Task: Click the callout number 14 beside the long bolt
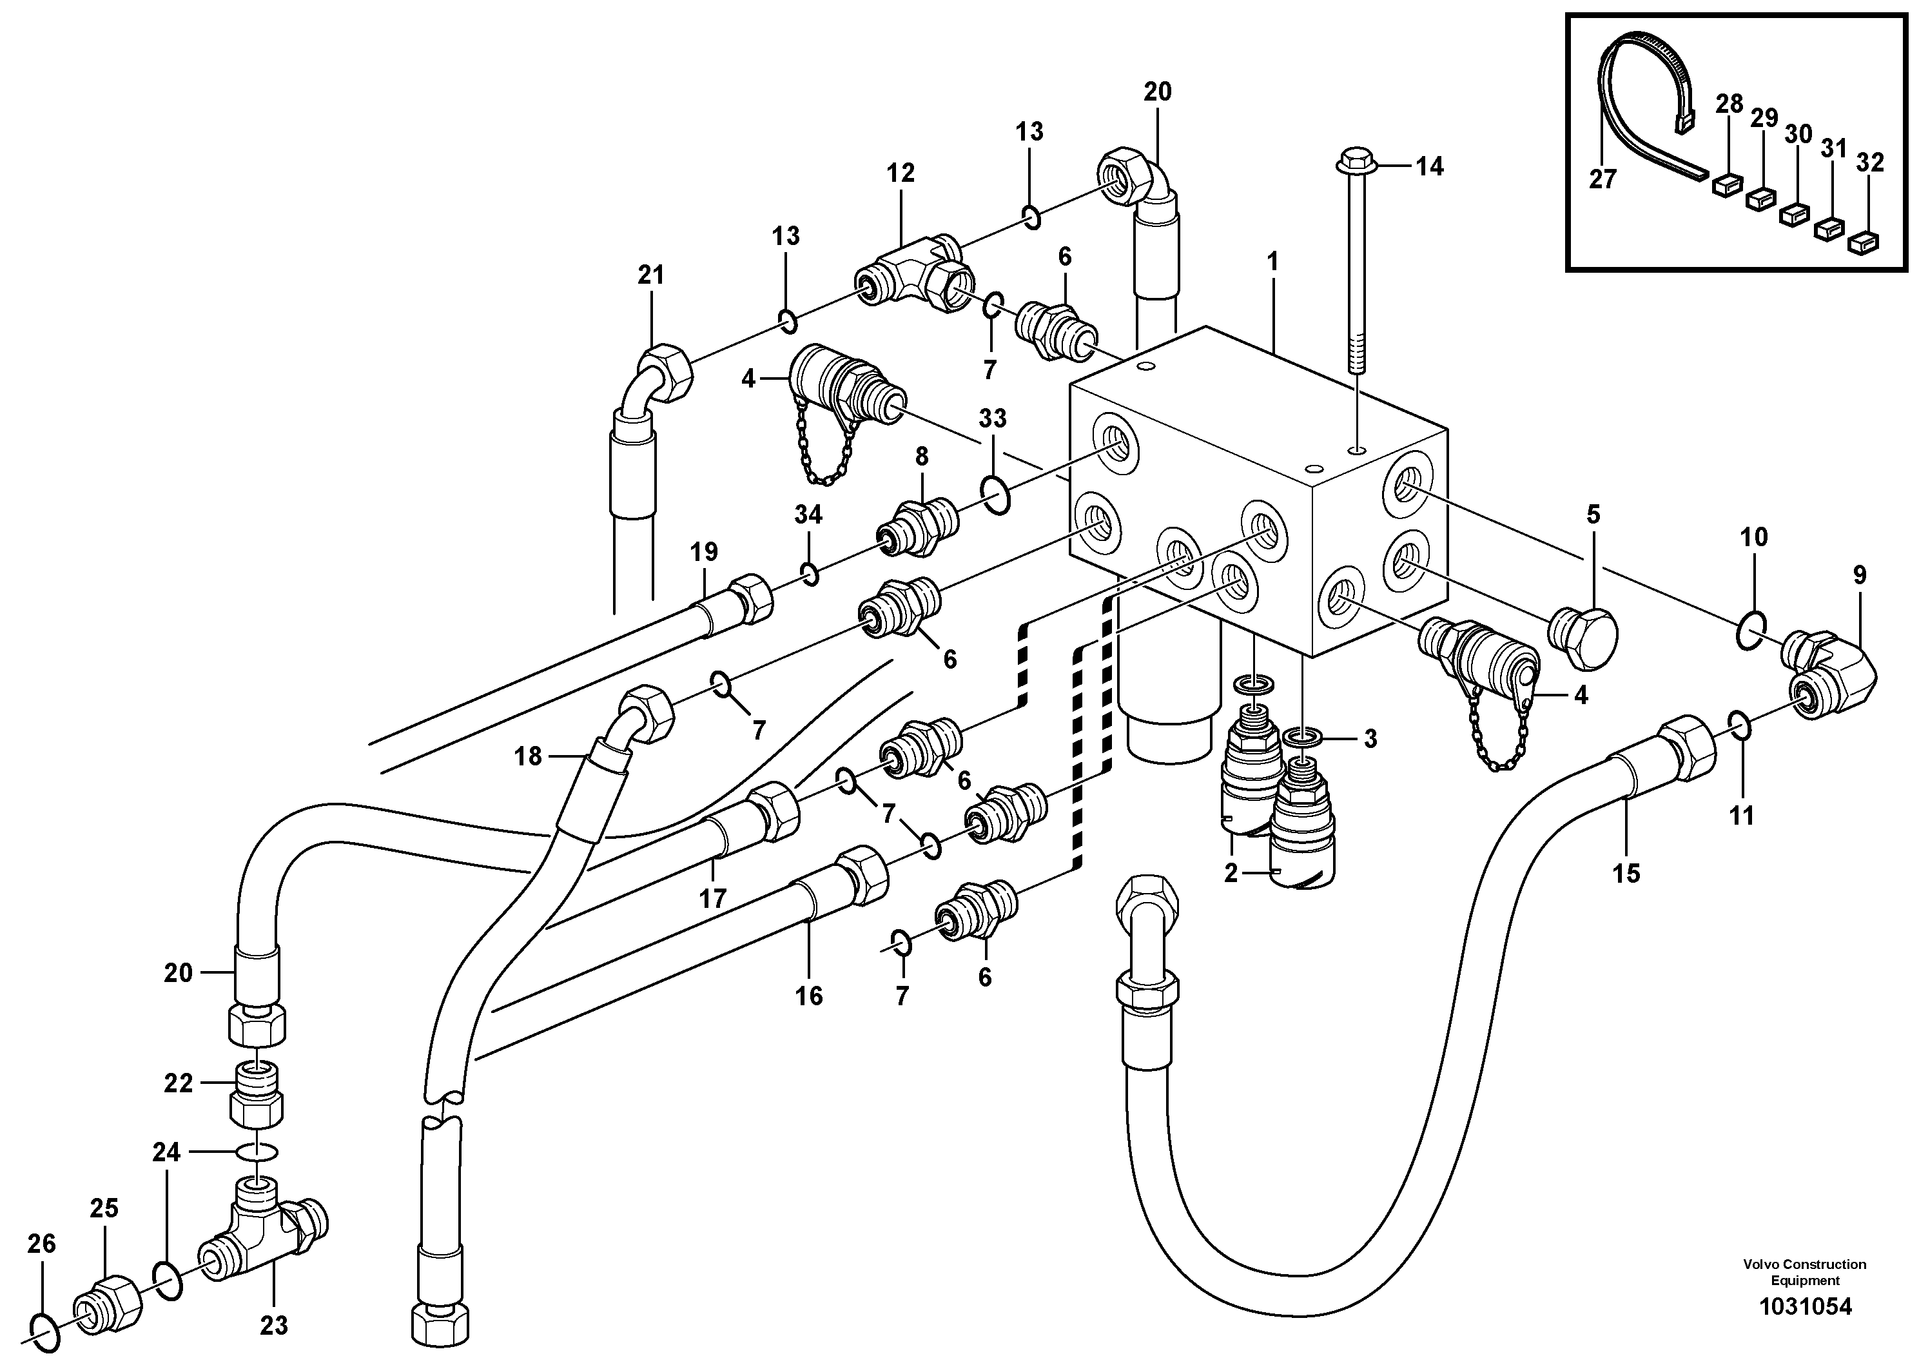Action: click(x=1429, y=166)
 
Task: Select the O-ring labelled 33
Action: click(x=995, y=494)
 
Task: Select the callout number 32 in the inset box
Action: click(x=1870, y=162)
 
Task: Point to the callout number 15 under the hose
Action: click(x=1626, y=874)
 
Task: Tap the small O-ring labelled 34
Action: click(x=808, y=575)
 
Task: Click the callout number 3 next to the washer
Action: click(x=1370, y=738)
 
